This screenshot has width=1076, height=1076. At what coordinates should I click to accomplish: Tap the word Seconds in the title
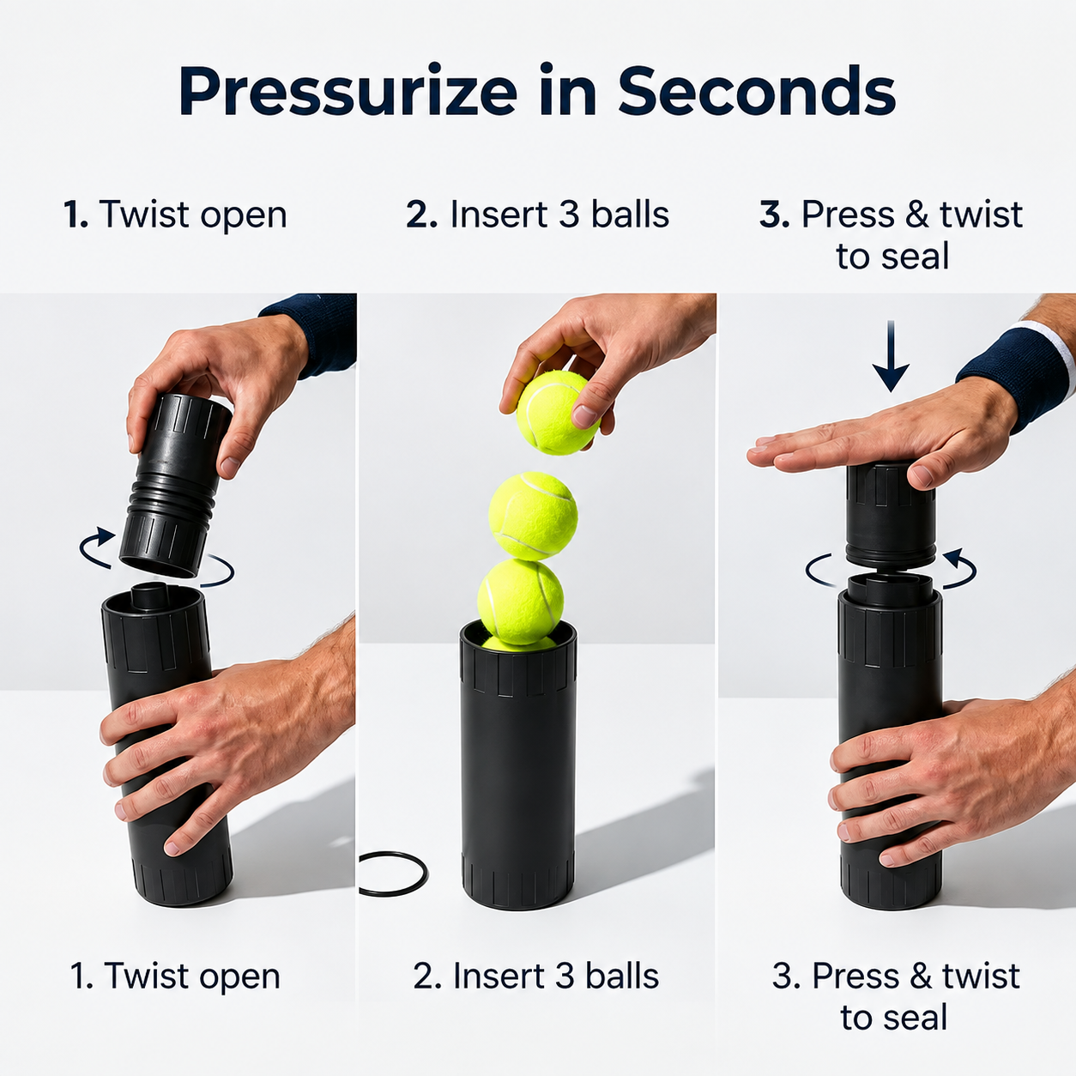pyautogui.click(x=756, y=91)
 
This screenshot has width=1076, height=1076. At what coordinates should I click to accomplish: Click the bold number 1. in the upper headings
pyautogui.click(x=76, y=215)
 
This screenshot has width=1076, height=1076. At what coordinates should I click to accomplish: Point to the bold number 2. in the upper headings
pyautogui.click(x=421, y=215)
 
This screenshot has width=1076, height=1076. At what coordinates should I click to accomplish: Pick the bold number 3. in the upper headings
pyautogui.click(x=775, y=215)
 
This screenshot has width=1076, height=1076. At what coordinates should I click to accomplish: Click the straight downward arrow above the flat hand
pyautogui.click(x=891, y=356)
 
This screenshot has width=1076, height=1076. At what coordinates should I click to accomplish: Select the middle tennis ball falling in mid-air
pyautogui.click(x=533, y=516)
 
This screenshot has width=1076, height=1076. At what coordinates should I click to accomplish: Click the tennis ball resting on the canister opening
pyautogui.click(x=521, y=602)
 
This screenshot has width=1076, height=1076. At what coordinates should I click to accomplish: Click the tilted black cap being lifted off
pyautogui.click(x=175, y=485)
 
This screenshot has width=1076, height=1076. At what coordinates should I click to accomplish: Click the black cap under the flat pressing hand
pyautogui.click(x=889, y=514)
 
